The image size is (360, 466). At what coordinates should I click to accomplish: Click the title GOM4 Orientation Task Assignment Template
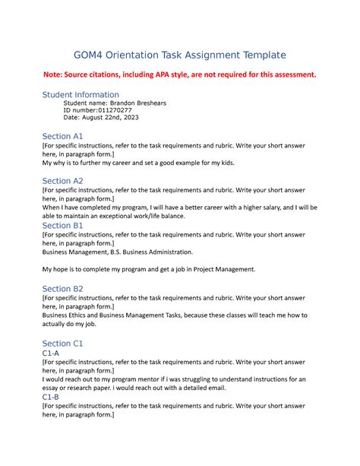179,55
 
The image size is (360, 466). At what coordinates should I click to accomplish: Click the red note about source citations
179,74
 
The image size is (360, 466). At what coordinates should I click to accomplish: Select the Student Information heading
81,94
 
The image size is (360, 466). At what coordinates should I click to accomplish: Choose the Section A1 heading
62,136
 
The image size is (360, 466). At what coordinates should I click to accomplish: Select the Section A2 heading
62,181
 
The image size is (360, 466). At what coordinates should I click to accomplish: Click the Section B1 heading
62,226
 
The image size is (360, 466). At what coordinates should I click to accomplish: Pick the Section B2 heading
62,289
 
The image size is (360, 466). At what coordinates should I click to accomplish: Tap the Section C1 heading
62,344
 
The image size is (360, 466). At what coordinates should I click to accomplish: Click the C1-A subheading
56,353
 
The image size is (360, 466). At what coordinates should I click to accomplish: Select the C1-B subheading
56,398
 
